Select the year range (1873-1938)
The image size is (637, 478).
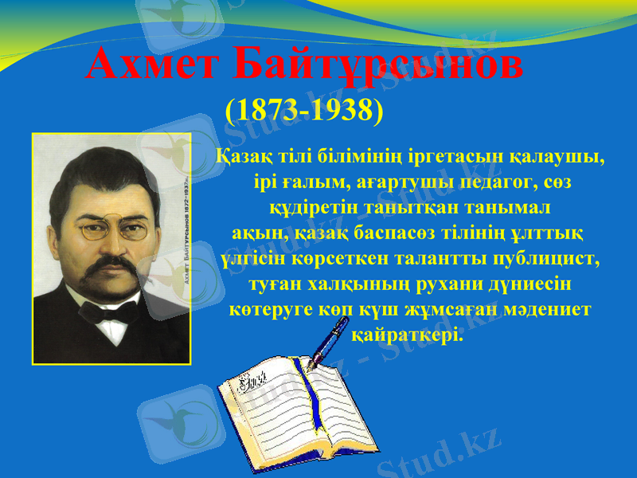pyautogui.click(x=305, y=109)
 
